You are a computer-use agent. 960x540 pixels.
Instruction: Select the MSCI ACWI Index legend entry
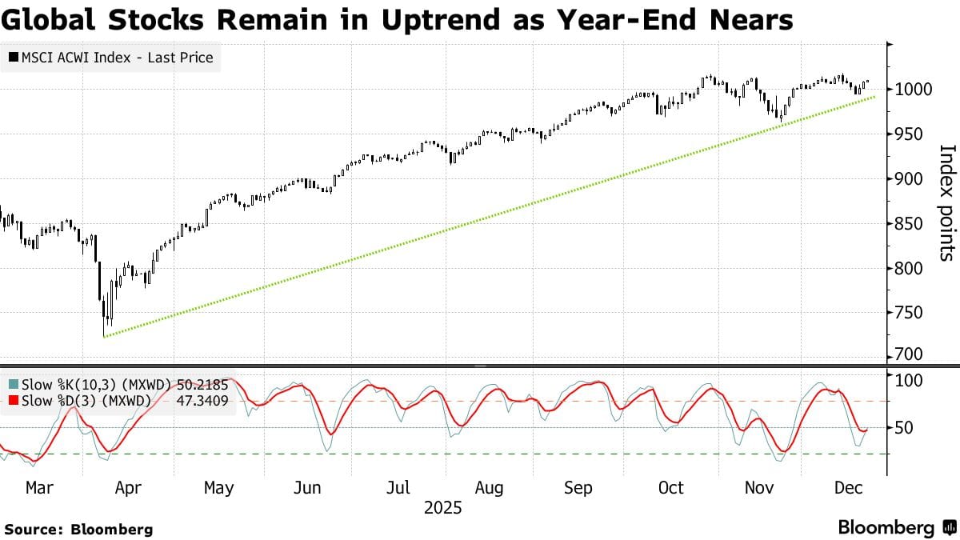pos(111,58)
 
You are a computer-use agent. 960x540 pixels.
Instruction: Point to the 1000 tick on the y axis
pos(910,89)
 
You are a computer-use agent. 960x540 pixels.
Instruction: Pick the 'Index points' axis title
pos(946,202)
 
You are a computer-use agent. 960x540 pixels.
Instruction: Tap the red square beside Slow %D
pos(12,401)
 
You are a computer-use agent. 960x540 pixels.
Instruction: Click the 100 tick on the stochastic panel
pos(908,379)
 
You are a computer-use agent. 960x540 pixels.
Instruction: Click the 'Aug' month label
pos(489,488)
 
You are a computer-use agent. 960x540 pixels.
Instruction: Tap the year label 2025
pos(443,508)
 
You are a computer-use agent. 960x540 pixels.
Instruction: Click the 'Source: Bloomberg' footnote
pos(78,529)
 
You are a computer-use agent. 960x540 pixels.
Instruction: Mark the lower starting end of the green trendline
pos(105,337)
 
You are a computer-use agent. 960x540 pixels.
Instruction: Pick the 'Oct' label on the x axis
pos(671,488)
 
